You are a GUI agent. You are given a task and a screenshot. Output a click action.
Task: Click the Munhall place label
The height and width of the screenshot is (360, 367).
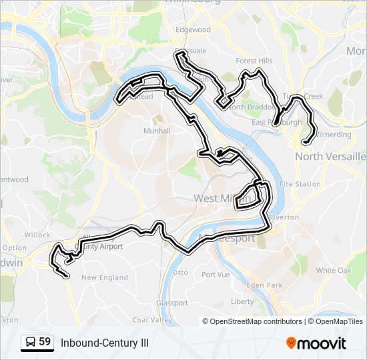(157, 131)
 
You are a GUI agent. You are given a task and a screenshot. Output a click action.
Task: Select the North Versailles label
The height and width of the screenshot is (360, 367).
(330, 156)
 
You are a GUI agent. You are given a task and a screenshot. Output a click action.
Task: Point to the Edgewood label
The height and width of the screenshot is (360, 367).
(193, 30)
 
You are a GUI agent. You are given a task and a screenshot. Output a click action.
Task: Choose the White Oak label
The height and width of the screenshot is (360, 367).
(334, 271)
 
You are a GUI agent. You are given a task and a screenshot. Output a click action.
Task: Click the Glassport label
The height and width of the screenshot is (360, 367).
(172, 303)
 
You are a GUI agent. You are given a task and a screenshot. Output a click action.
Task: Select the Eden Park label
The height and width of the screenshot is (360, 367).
(260, 285)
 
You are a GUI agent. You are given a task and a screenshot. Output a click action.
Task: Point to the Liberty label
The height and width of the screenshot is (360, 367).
(242, 301)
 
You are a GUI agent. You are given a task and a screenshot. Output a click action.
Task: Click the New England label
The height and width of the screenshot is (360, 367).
(104, 277)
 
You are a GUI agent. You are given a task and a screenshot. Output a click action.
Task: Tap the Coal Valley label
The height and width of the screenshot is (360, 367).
(147, 320)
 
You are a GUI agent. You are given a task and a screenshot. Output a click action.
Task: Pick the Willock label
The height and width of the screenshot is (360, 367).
(37, 235)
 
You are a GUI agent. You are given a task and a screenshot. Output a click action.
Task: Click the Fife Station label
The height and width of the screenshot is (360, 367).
(300, 184)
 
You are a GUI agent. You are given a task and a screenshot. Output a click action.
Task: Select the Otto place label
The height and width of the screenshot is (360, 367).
(180, 273)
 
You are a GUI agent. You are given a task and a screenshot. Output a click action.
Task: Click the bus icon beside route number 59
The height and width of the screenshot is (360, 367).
(31, 343)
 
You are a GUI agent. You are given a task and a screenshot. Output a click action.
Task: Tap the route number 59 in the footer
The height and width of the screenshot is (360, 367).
(45, 342)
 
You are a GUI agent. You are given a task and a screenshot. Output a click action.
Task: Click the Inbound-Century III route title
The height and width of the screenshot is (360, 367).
(105, 343)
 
